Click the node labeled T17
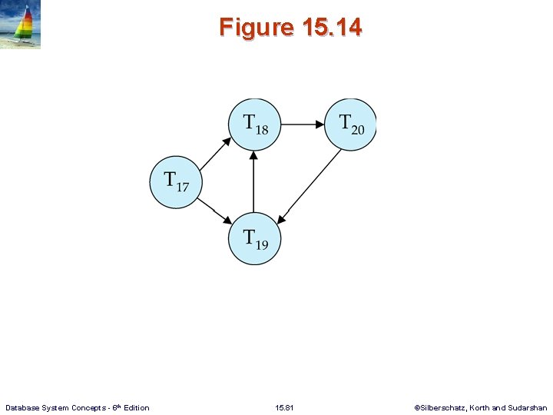pos(175,183)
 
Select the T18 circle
pos(254,124)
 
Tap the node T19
pos(254,238)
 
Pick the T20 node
pos(350,124)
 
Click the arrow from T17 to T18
pos(214,154)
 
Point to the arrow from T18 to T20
pos(303,124)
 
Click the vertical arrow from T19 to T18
pos(254,181)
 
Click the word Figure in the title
pos(257,28)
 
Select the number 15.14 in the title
pos(332,28)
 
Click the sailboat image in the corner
pos(21,25)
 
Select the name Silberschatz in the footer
pos(443,407)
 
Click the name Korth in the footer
pos(482,407)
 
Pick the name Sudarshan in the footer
pos(529,407)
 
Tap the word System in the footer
pos(56,407)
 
